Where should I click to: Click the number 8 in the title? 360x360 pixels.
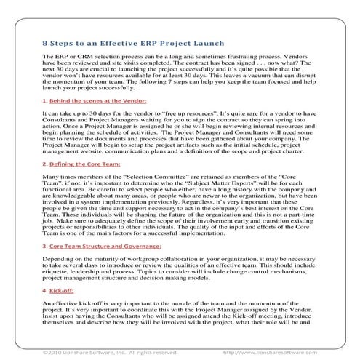click(x=45, y=43)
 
